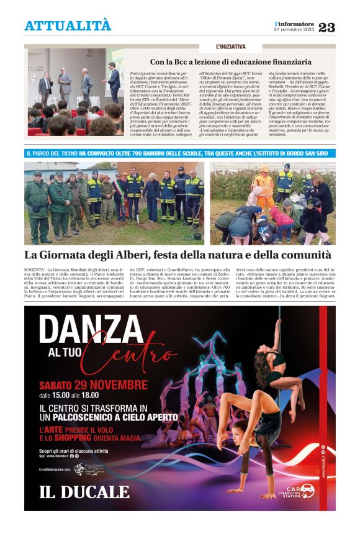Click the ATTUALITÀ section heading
[68, 26]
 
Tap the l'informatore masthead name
[294, 24]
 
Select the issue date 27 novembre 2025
[294, 30]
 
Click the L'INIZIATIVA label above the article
[230, 47]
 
